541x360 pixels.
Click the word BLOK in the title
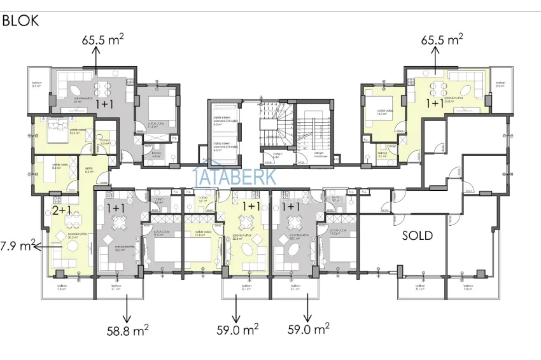point(21,20)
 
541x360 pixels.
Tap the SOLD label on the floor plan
point(418,235)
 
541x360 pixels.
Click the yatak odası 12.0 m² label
point(381,113)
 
